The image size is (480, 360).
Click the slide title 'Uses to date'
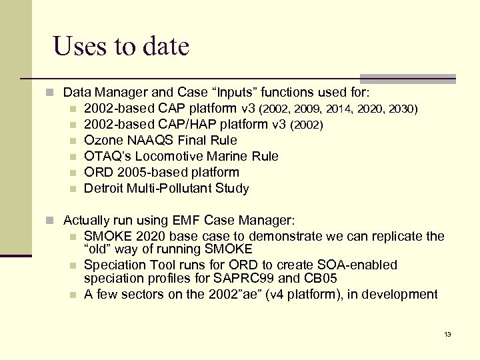121,47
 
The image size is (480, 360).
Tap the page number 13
447,334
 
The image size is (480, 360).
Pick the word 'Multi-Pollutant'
169,188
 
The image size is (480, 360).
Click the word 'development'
403,294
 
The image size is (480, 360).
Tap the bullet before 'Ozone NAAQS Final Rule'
74,141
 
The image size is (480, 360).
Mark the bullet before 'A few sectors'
74,295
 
